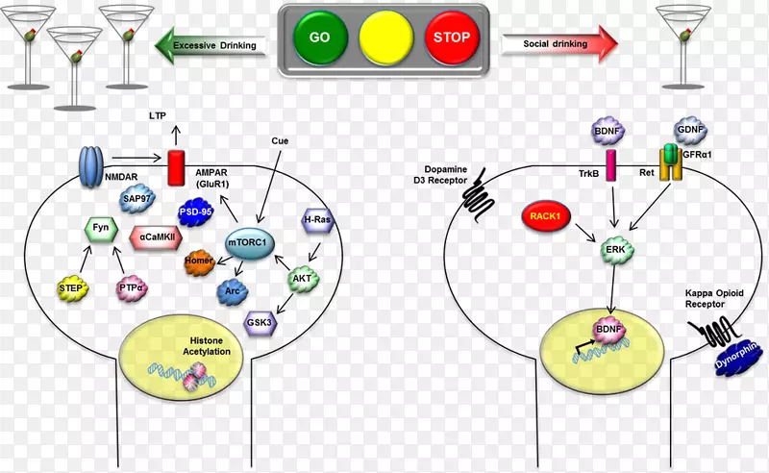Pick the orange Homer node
pos(199,262)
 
